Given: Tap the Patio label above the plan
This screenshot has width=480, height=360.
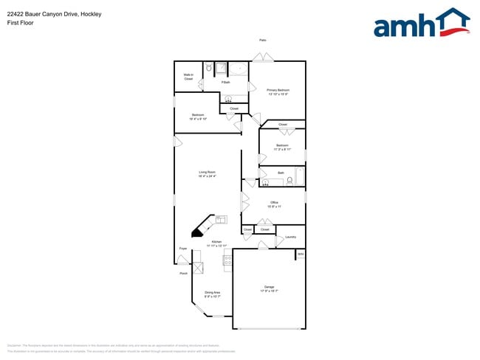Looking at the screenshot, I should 262,40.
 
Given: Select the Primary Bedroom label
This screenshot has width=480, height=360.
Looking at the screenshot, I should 277,91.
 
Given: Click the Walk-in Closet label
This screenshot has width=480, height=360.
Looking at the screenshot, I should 188,77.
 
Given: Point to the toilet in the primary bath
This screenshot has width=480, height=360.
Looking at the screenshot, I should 209,68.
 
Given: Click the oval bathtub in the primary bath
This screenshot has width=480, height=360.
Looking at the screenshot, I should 237,69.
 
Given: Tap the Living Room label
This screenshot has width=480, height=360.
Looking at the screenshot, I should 206,174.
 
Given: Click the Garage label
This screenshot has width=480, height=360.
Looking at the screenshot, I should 269,289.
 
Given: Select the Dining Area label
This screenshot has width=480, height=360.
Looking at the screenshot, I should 213,294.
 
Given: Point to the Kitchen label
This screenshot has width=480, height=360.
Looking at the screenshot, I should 218,243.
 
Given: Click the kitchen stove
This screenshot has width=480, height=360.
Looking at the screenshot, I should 227,260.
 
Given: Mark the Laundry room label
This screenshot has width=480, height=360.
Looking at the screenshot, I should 290,237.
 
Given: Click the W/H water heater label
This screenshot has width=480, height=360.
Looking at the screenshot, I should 300,255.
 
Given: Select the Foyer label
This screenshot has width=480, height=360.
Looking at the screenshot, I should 183,249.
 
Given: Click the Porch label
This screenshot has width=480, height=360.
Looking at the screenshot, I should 183,274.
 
